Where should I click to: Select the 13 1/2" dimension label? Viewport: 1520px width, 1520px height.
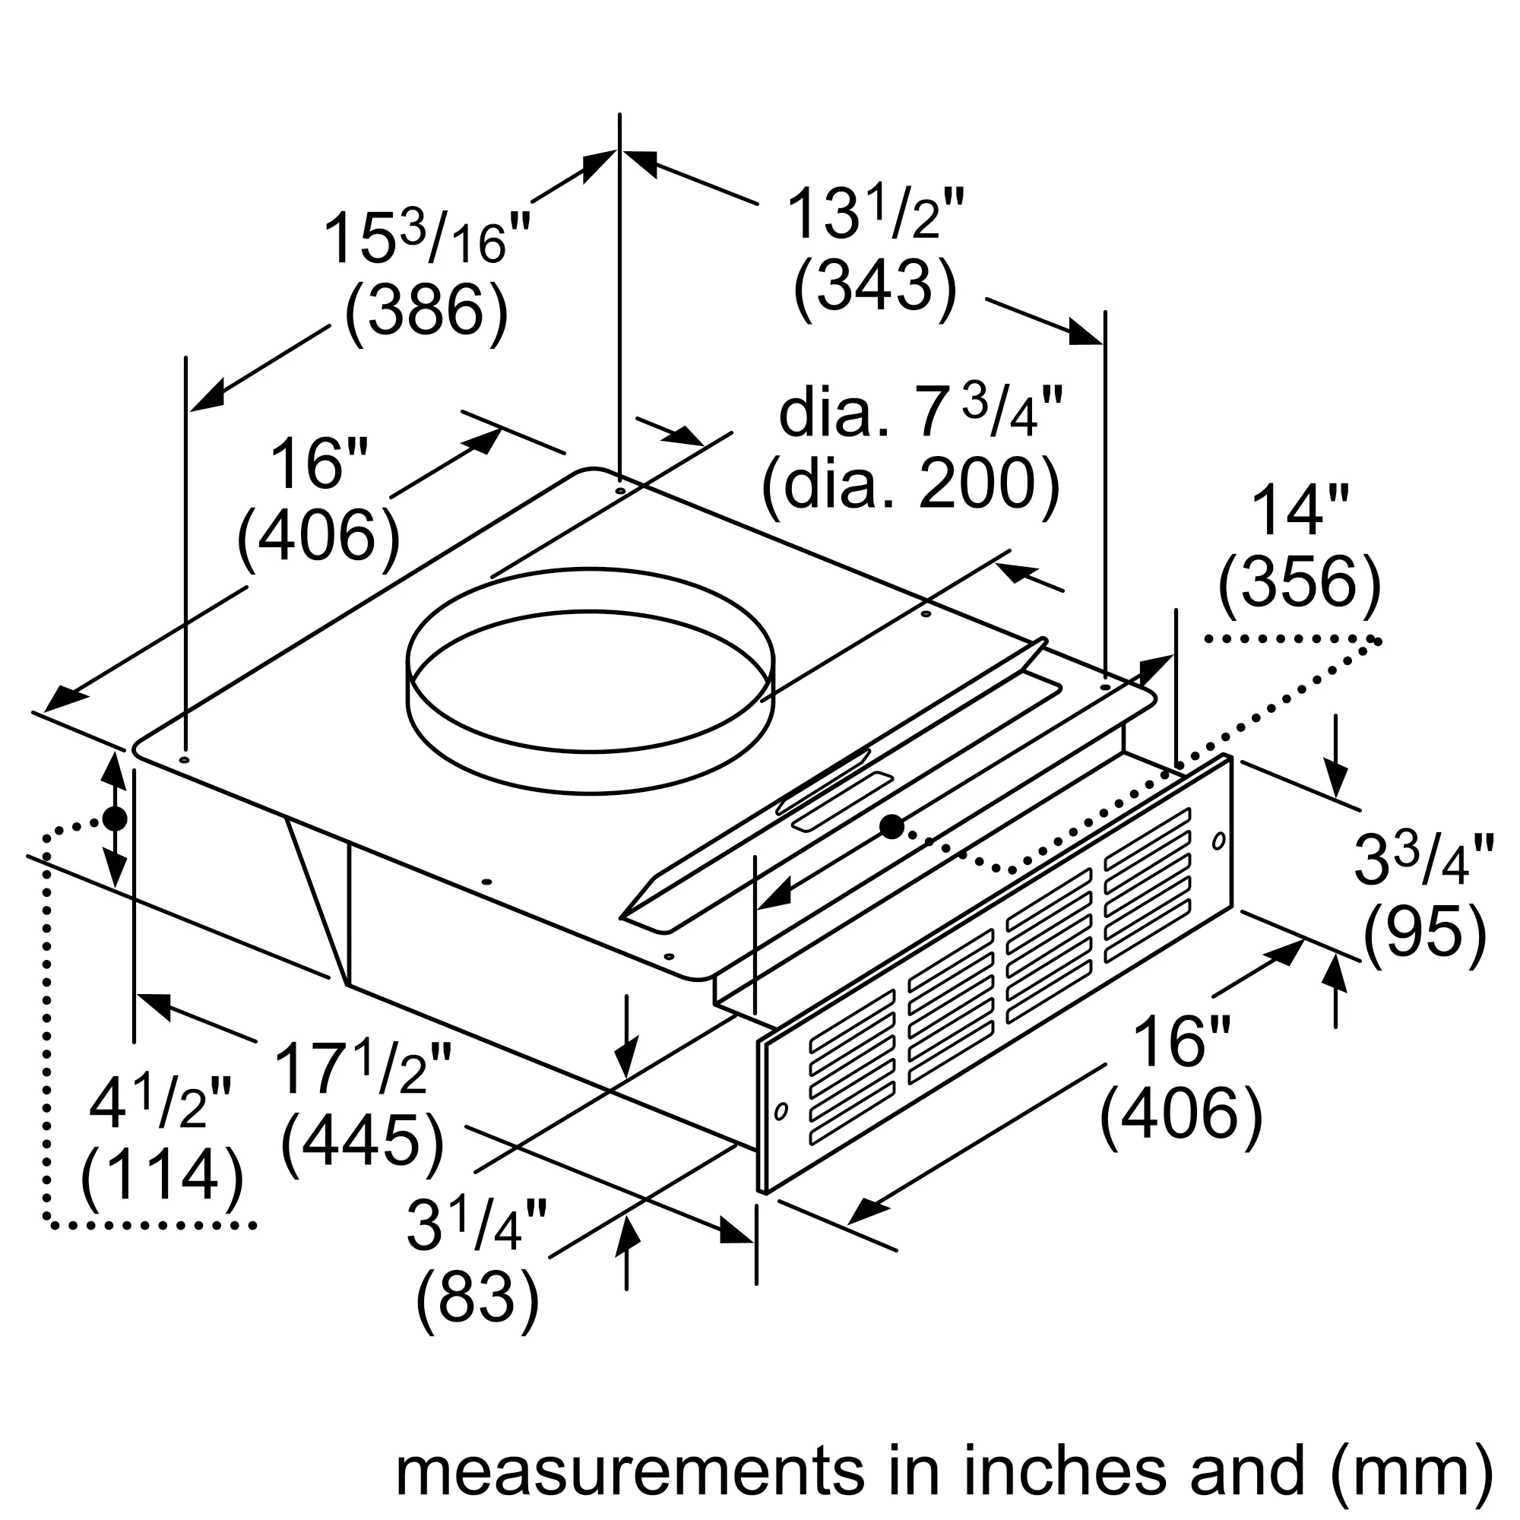874,214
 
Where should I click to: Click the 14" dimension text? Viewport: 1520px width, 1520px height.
1299,511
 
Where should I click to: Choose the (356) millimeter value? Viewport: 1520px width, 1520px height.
1299,583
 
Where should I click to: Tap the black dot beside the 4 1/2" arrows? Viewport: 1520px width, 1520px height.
115,819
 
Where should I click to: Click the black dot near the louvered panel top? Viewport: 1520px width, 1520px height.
891,826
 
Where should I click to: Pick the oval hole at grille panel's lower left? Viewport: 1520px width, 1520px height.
781,1111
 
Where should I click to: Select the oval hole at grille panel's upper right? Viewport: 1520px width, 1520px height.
1218,841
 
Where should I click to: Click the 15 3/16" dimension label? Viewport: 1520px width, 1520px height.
427,239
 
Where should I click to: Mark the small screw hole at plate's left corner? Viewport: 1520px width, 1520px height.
184,760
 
